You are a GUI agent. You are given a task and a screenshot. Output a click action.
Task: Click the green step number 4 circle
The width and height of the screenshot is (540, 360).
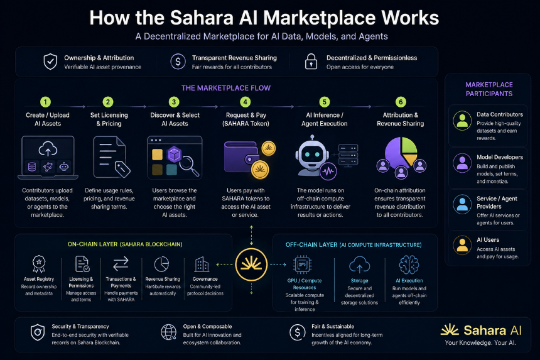point(246,102)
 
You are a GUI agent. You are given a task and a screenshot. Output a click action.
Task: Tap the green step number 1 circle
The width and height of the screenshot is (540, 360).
point(45,102)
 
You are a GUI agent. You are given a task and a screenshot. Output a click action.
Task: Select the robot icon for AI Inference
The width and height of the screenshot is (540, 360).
point(312,155)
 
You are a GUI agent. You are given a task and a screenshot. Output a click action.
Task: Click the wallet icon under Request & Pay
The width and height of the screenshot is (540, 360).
point(241,156)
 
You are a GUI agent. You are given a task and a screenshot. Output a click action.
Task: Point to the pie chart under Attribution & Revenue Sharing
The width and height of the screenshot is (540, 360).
point(401,151)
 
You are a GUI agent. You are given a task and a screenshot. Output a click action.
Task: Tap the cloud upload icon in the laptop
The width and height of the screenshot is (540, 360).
point(48,149)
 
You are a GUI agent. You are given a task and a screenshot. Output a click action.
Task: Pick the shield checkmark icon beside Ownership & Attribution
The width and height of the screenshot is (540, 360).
point(50,62)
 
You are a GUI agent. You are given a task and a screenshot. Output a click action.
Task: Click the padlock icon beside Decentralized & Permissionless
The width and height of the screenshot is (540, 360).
point(311,62)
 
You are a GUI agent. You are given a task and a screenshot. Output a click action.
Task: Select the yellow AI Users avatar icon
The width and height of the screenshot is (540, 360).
point(462,244)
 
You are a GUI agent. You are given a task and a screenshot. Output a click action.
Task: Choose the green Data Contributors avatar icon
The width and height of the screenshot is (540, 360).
point(462,120)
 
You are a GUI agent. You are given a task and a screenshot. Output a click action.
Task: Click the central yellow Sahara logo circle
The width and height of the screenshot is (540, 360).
point(251,265)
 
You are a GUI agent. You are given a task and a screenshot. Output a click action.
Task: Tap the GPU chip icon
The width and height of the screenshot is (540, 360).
point(302,265)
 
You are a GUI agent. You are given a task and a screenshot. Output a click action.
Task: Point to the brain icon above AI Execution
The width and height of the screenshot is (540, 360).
point(409,265)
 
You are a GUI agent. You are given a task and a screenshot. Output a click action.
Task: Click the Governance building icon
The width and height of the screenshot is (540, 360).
point(202,265)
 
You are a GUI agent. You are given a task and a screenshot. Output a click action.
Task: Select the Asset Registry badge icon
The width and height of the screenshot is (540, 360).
point(39,264)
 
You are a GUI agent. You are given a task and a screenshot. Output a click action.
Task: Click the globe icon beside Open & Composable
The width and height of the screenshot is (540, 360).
point(169,332)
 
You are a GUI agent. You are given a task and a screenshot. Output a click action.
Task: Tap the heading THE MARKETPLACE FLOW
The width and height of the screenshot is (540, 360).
point(226,88)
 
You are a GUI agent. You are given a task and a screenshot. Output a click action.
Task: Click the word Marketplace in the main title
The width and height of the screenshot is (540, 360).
point(320,18)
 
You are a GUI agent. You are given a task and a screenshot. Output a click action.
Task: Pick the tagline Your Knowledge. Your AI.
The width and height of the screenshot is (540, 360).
point(480,343)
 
